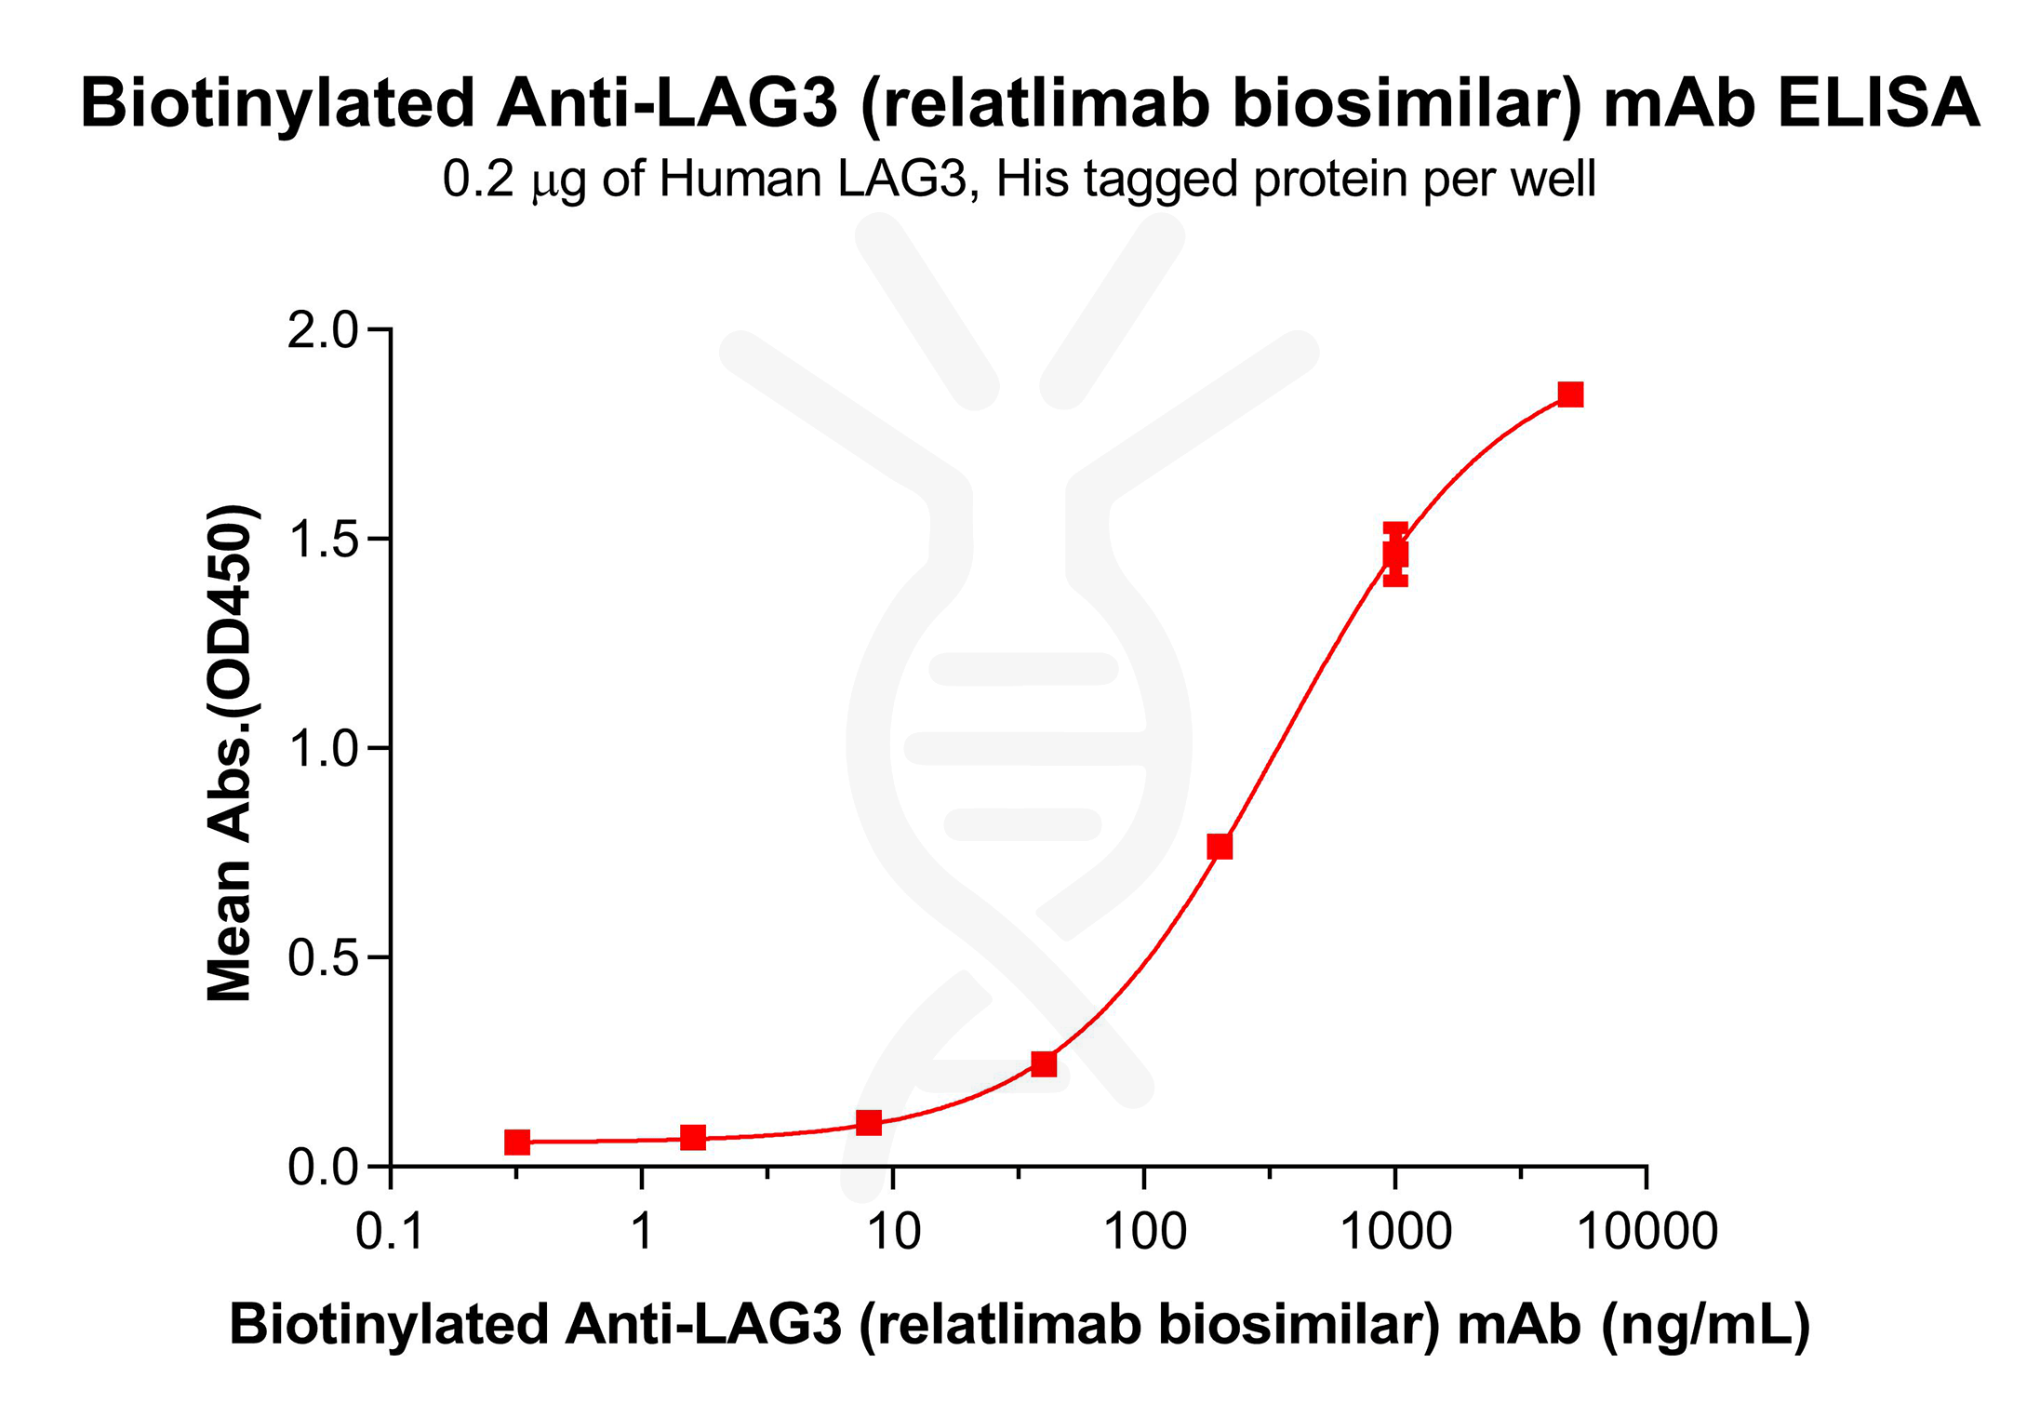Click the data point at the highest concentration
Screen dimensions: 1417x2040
tap(1570, 394)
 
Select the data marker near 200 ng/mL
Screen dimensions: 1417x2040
tap(1220, 846)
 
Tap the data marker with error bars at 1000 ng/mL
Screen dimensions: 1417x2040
tap(1394, 555)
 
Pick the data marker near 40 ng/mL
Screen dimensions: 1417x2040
tap(1044, 1063)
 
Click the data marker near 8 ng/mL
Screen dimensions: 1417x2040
tap(869, 1123)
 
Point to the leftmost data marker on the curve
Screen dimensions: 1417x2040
tap(517, 1142)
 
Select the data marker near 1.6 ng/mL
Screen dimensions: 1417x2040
tap(693, 1137)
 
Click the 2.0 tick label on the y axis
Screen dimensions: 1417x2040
tap(322, 330)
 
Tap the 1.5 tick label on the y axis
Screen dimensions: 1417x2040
tap(322, 540)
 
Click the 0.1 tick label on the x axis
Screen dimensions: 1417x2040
tap(390, 1232)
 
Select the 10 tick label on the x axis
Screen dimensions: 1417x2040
tap(893, 1232)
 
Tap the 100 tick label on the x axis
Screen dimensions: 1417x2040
tap(1144, 1232)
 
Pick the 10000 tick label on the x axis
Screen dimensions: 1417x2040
tap(1647, 1232)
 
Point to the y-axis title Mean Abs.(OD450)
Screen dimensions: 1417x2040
tap(230, 754)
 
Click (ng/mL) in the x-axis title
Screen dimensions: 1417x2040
tap(1704, 1325)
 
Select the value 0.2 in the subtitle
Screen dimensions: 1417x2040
tap(477, 180)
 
